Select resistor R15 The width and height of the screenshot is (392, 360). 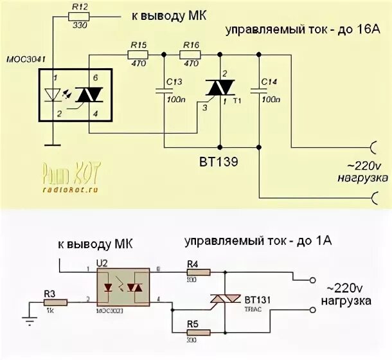tap(138, 55)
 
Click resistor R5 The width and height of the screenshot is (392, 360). tap(199, 332)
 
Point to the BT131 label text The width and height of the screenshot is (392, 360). tap(260, 299)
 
